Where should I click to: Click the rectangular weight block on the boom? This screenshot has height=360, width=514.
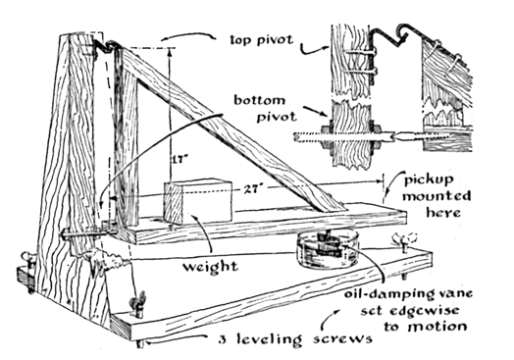pyautogui.click(x=198, y=201)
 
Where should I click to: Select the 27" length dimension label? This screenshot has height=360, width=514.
pyautogui.click(x=250, y=189)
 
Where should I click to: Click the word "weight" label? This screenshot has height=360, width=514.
pyautogui.click(x=210, y=267)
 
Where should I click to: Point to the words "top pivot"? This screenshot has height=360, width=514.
pyautogui.click(x=261, y=40)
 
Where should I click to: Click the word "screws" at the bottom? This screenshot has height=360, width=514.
pyautogui.click(x=342, y=338)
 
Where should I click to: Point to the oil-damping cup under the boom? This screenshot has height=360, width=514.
pyautogui.click(x=328, y=250)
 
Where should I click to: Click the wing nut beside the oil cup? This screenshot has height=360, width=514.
pyautogui.click(x=405, y=240)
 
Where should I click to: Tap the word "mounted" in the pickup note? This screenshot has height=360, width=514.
pyautogui.click(x=437, y=196)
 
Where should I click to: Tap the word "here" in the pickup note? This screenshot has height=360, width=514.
pyautogui.click(x=443, y=212)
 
